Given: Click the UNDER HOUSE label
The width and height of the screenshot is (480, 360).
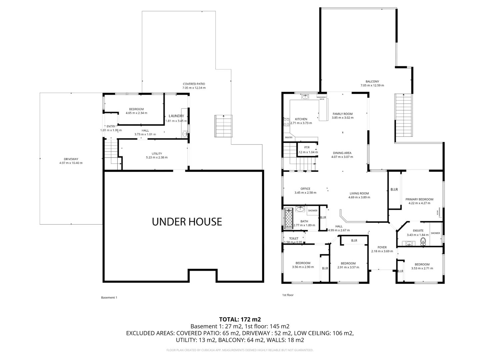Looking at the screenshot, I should click(x=187, y=222).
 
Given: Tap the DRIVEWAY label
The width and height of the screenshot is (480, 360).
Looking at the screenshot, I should click(x=71, y=159).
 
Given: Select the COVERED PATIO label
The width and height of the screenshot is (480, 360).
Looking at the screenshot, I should click(x=194, y=84).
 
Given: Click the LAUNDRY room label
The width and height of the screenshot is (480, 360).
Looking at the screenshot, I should click(x=176, y=116).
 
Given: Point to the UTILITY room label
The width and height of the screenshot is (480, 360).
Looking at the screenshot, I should click(x=157, y=154).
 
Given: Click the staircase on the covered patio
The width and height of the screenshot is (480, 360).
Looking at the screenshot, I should click(x=223, y=126).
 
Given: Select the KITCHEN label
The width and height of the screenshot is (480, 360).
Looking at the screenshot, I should click(x=301, y=119).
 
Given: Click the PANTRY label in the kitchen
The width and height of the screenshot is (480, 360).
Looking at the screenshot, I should click(x=289, y=137).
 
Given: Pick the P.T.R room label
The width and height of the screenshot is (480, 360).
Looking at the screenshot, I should click(x=307, y=147).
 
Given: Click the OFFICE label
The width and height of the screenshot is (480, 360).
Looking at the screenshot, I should click(x=305, y=189).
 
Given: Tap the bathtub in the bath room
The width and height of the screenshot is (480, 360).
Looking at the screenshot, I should click(x=288, y=219).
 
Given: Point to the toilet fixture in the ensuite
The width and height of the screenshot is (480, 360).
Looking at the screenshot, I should click(x=423, y=242).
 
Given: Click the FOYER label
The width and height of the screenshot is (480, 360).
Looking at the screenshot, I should click(x=382, y=247).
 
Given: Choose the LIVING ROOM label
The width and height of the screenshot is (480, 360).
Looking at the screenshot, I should click(x=359, y=193).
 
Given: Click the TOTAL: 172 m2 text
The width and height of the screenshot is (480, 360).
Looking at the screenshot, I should click(x=240, y=319).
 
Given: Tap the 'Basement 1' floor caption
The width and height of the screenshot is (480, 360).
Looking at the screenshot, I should click(x=109, y=298).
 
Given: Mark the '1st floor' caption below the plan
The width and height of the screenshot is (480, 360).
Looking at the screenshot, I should click(x=288, y=295).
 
